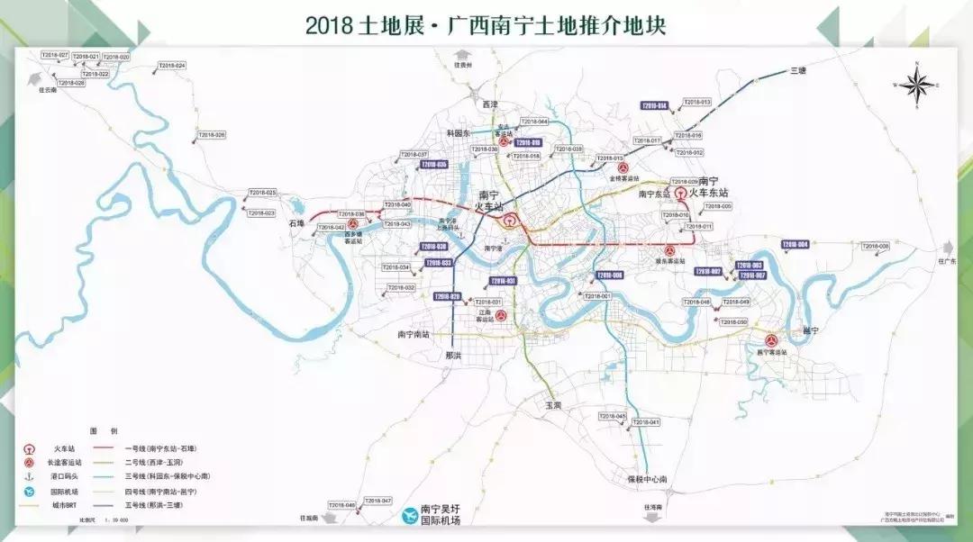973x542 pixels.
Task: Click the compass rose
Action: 917,86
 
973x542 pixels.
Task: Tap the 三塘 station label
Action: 797,70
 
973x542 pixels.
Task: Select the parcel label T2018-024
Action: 171,66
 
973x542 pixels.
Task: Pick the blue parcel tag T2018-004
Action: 796,244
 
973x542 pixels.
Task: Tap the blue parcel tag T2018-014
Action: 653,106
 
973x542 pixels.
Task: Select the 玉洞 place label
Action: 552,406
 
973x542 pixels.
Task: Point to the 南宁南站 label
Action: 414,334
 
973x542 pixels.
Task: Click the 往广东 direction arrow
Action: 946,248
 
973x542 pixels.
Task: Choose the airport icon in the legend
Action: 30,492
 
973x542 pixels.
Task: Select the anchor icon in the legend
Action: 30,477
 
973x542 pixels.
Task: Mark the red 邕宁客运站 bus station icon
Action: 771,340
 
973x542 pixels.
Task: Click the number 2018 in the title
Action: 326,24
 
